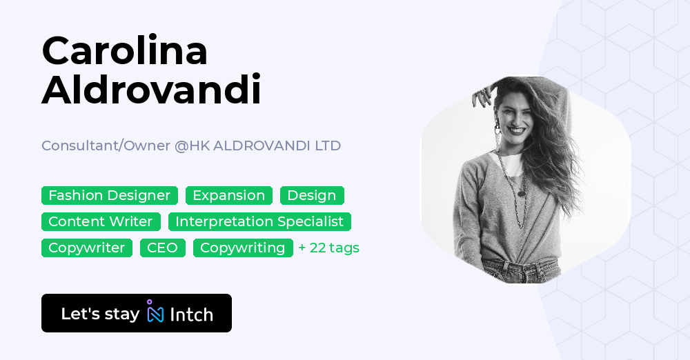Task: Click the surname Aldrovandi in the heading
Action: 151,90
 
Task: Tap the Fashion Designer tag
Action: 110,195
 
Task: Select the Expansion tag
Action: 229,195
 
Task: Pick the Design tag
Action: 312,195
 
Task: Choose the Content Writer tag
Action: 101,221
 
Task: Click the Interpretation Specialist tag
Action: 259,221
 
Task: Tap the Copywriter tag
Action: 87,248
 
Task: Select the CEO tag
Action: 162,248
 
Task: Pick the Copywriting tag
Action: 243,248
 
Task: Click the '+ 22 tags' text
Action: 328,248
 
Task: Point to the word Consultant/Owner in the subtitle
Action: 106,146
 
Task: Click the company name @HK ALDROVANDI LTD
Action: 257,146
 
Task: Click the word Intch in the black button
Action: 191,314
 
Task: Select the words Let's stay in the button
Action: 100,314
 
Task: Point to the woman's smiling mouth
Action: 516,130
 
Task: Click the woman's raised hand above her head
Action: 482,94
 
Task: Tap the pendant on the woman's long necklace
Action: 522,193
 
